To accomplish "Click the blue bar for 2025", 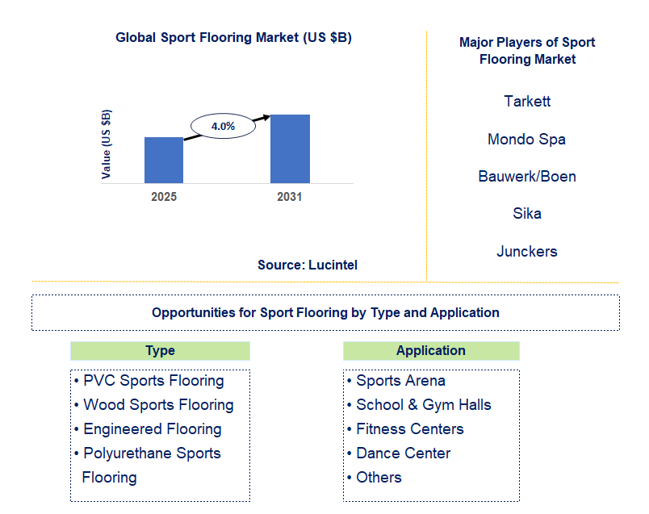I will [x=164, y=160].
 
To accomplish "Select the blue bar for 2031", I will [x=290, y=148].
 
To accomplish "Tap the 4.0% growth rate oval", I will [x=223, y=126].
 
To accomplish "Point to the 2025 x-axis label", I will [x=164, y=197].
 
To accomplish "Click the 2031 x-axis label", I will [x=289, y=197].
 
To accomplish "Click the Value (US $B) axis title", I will [x=107, y=144].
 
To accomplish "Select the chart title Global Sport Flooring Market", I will [x=233, y=37].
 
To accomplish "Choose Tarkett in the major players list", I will [x=527, y=102].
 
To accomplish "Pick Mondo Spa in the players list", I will [x=526, y=140].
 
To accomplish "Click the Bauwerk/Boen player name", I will [x=527, y=177].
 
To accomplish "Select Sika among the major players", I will [x=527, y=214].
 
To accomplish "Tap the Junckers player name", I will [x=527, y=252].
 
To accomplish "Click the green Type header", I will [x=160, y=351].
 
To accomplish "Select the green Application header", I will [x=431, y=351].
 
